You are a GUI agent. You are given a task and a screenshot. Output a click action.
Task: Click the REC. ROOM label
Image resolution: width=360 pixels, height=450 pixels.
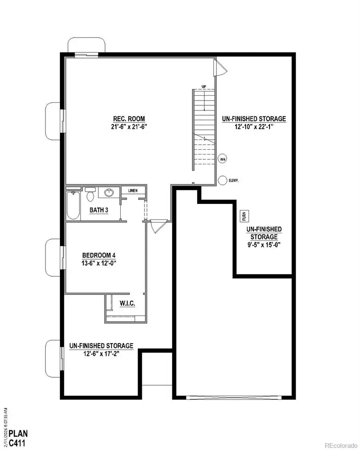click(128, 119)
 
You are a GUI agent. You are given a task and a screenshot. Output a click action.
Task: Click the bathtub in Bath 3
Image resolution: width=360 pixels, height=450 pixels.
click(72, 205)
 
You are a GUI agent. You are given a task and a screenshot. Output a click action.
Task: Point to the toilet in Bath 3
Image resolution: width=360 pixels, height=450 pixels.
click(90, 195)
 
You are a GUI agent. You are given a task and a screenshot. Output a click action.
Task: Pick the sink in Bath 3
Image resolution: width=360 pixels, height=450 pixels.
click(108, 193)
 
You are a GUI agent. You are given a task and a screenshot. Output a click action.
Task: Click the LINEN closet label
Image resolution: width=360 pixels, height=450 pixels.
click(133, 190)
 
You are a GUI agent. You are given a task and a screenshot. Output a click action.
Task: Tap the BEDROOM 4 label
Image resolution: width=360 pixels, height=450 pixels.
click(99, 255)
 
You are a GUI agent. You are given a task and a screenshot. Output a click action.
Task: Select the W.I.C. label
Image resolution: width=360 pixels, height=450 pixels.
click(127, 304)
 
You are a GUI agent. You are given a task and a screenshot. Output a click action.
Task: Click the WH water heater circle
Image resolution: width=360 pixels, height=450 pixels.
click(222, 159)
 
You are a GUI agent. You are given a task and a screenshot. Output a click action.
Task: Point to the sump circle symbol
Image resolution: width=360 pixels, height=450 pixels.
click(222, 180)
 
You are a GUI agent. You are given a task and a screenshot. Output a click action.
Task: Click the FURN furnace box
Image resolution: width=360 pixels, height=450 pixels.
click(244, 216)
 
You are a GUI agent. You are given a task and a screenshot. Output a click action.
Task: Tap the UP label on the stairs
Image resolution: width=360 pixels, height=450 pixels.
click(204, 87)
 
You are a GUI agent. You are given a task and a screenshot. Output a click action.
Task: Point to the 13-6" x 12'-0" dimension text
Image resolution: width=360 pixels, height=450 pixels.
click(99, 263)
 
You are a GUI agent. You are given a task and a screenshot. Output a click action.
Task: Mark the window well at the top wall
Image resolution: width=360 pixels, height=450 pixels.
click(87, 45)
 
